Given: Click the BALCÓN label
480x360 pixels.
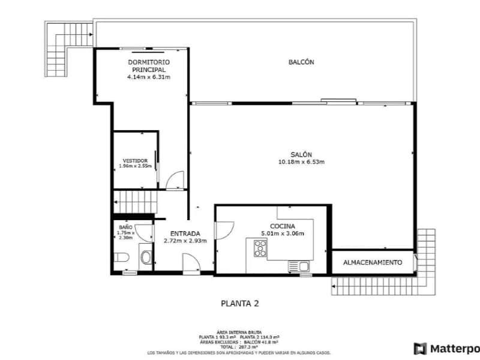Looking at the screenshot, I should [301, 62].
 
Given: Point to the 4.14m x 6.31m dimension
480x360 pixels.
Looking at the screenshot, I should [148, 77].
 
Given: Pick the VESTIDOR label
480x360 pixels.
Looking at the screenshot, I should [135, 161].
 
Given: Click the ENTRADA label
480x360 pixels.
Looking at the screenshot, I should [185, 233].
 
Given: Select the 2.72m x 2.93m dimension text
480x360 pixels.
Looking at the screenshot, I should [185, 241].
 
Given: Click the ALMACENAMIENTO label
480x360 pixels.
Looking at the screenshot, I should [373, 263].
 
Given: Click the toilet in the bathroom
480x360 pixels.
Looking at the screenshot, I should [121, 258].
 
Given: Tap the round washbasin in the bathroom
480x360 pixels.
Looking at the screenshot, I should [146, 259].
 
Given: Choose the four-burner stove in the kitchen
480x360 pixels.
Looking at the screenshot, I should [260, 248].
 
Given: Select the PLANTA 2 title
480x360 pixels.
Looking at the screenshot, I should [239, 304].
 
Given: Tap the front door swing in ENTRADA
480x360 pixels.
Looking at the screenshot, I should [191, 263].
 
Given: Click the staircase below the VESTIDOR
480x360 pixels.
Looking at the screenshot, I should [136, 199].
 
